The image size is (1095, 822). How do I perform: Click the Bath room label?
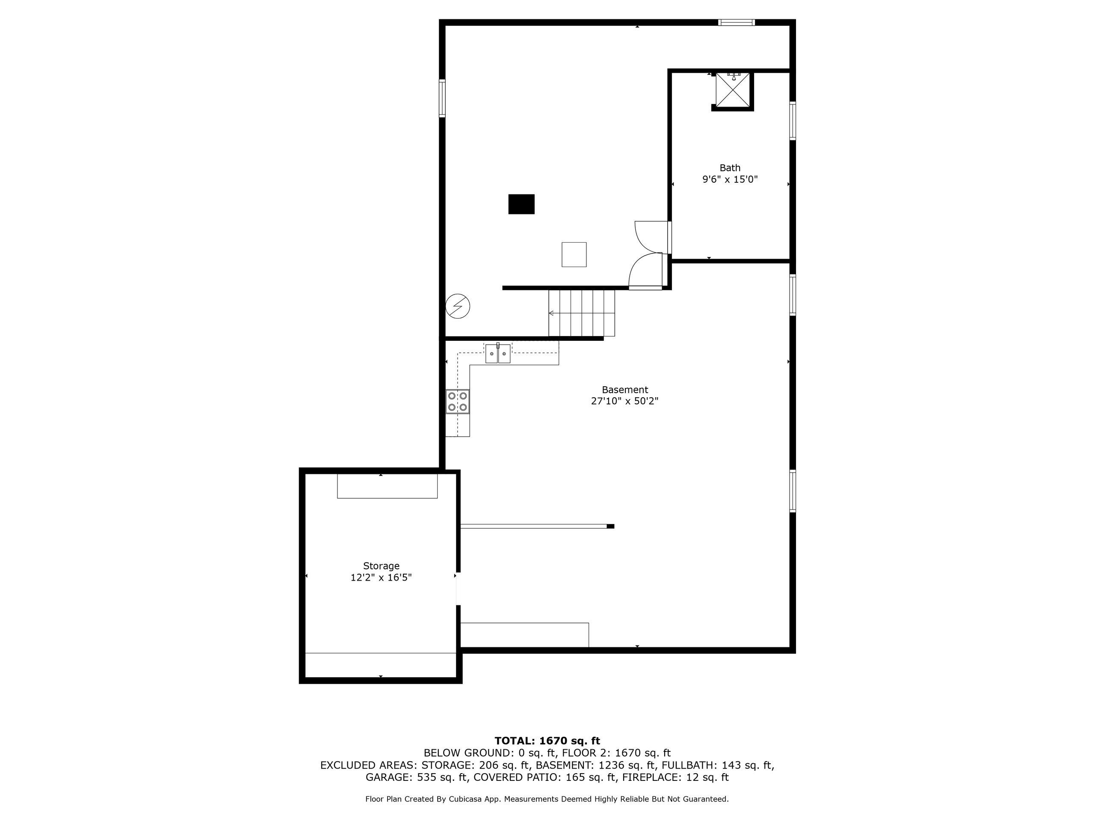(x=730, y=168)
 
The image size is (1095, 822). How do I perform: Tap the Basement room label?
(x=625, y=390)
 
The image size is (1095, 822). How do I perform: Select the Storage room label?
(x=381, y=566)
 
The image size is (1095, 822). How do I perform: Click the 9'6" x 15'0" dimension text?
(x=730, y=179)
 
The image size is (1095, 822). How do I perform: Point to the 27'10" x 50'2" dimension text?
(x=625, y=401)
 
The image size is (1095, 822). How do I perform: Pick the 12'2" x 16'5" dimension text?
(x=381, y=578)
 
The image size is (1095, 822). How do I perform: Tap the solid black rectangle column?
(x=521, y=204)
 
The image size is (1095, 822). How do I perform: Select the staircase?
(x=582, y=313)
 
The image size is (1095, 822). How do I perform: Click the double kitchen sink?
(x=497, y=353)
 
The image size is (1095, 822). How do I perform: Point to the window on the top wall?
(x=737, y=22)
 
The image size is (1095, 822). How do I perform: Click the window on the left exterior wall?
(x=442, y=98)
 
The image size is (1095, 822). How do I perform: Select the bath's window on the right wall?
(x=793, y=121)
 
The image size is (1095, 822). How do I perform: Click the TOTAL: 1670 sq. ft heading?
(x=547, y=741)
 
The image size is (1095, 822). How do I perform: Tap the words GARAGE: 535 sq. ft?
(x=417, y=777)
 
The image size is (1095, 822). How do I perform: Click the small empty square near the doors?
(x=574, y=255)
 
